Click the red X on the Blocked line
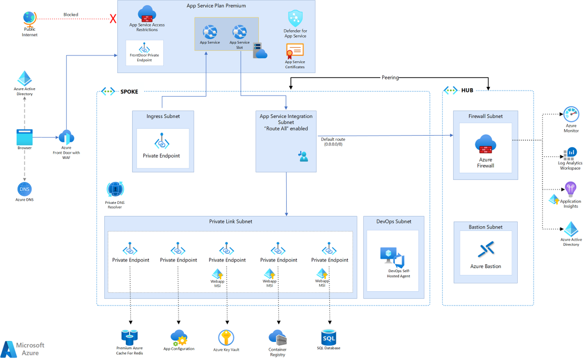coord(113,19)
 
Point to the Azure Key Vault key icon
coord(226,337)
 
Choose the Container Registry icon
coord(277,337)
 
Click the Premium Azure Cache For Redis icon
coord(130,337)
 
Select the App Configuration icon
coord(179,337)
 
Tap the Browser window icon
coord(24,136)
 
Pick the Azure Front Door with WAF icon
coord(66,137)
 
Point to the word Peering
coord(390,78)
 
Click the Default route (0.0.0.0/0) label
coord(333,141)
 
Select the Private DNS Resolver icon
coord(115,189)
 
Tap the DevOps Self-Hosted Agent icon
coord(392,257)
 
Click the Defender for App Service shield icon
coord(295,19)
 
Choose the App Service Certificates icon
coord(294,50)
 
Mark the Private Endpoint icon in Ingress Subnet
coord(161,142)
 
